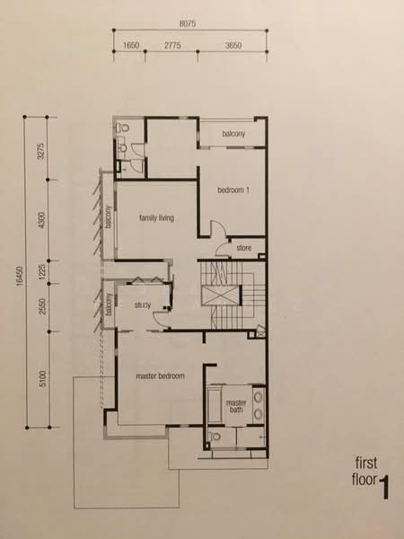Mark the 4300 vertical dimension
coord(40,222)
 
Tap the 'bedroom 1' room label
coord(236,190)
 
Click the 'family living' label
coord(155,218)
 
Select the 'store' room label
coord(243,249)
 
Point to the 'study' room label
coord(141,305)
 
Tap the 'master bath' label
coord(236,406)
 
